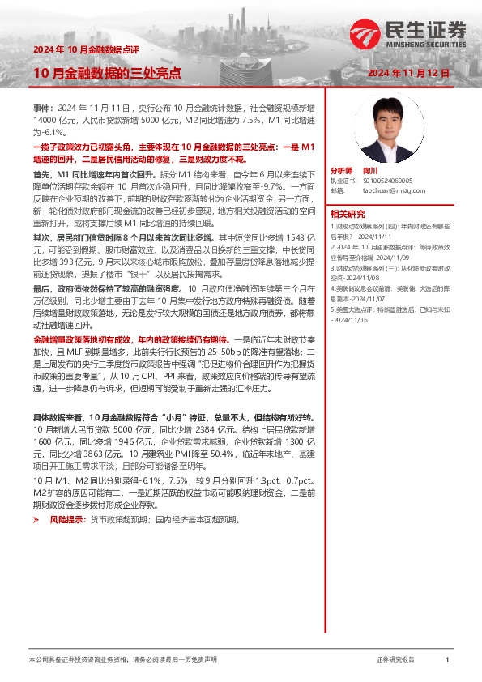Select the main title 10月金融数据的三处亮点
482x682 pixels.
[x=95, y=73]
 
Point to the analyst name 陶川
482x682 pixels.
[x=370, y=171]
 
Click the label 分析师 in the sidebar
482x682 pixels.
[x=342, y=171]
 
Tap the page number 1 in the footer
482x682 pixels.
[x=446, y=661]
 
